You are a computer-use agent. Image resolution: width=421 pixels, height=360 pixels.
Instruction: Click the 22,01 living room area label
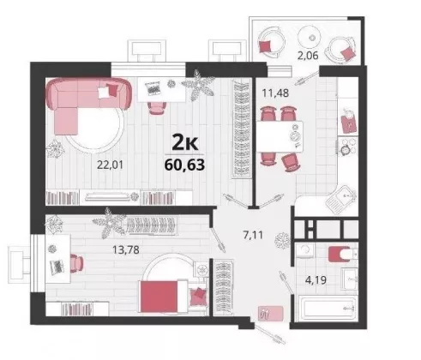click(110, 165)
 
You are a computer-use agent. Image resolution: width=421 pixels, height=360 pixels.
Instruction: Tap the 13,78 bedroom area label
click(126, 249)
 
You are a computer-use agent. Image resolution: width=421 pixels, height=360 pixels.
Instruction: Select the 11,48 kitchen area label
click(275, 93)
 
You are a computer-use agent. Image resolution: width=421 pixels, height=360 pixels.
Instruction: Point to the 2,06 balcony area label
click(308, 55)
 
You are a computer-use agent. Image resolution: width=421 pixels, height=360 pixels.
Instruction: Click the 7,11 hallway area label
click(253, 235)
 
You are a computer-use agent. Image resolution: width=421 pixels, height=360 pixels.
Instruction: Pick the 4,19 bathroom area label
click(316, 280)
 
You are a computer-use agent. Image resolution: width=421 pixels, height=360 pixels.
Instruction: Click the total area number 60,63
click(184, 165)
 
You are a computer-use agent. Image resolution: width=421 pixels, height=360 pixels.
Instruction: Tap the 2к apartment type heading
click(185, 143)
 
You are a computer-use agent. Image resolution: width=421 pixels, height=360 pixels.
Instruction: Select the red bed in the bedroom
click(164, 297)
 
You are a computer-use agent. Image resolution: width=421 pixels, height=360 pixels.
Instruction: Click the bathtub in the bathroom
click(328, 309)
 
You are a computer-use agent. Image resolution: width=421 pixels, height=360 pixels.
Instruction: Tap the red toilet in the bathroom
click(340, 254)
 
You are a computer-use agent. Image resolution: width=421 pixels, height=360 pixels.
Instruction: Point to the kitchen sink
click(341, 199)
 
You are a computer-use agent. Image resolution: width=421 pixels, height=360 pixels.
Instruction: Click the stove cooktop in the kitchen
click(348, 147)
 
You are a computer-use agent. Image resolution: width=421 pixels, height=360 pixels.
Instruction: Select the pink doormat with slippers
click(270, 314)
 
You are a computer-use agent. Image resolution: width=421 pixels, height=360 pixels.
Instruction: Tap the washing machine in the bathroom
click(305, 251)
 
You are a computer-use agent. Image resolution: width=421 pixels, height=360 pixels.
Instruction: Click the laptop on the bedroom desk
click(57, 267)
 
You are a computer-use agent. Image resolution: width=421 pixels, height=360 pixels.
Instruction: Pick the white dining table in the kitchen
click(280, 136)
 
